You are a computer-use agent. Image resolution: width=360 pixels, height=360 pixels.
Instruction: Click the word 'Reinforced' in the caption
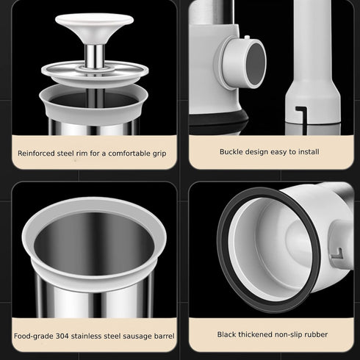pyautogui.click(x=36, y=154)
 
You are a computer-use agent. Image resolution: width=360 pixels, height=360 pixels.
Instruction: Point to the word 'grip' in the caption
pyautogui.click(x=159, y=154)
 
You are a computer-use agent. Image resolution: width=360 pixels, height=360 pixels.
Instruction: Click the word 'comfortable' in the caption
pyautogui.click(x=129, y=154)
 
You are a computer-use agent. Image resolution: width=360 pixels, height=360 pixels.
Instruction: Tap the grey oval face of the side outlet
pyautogui.click(x=256, y=63)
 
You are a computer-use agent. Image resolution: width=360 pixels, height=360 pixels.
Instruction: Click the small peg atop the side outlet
pyautogui.click(x=247, y=37)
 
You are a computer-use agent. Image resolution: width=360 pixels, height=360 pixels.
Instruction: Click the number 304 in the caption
pyautogui.click(x=62, y=336)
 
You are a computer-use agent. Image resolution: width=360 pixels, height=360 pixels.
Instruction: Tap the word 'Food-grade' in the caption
pyautogui.click(x=34, y=336)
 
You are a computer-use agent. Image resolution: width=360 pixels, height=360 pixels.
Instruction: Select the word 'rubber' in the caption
pyautogui.click(x=317, y=334)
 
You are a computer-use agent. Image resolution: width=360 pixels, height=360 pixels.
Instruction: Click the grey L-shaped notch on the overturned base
pyautogui.click(x=337, y=253)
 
